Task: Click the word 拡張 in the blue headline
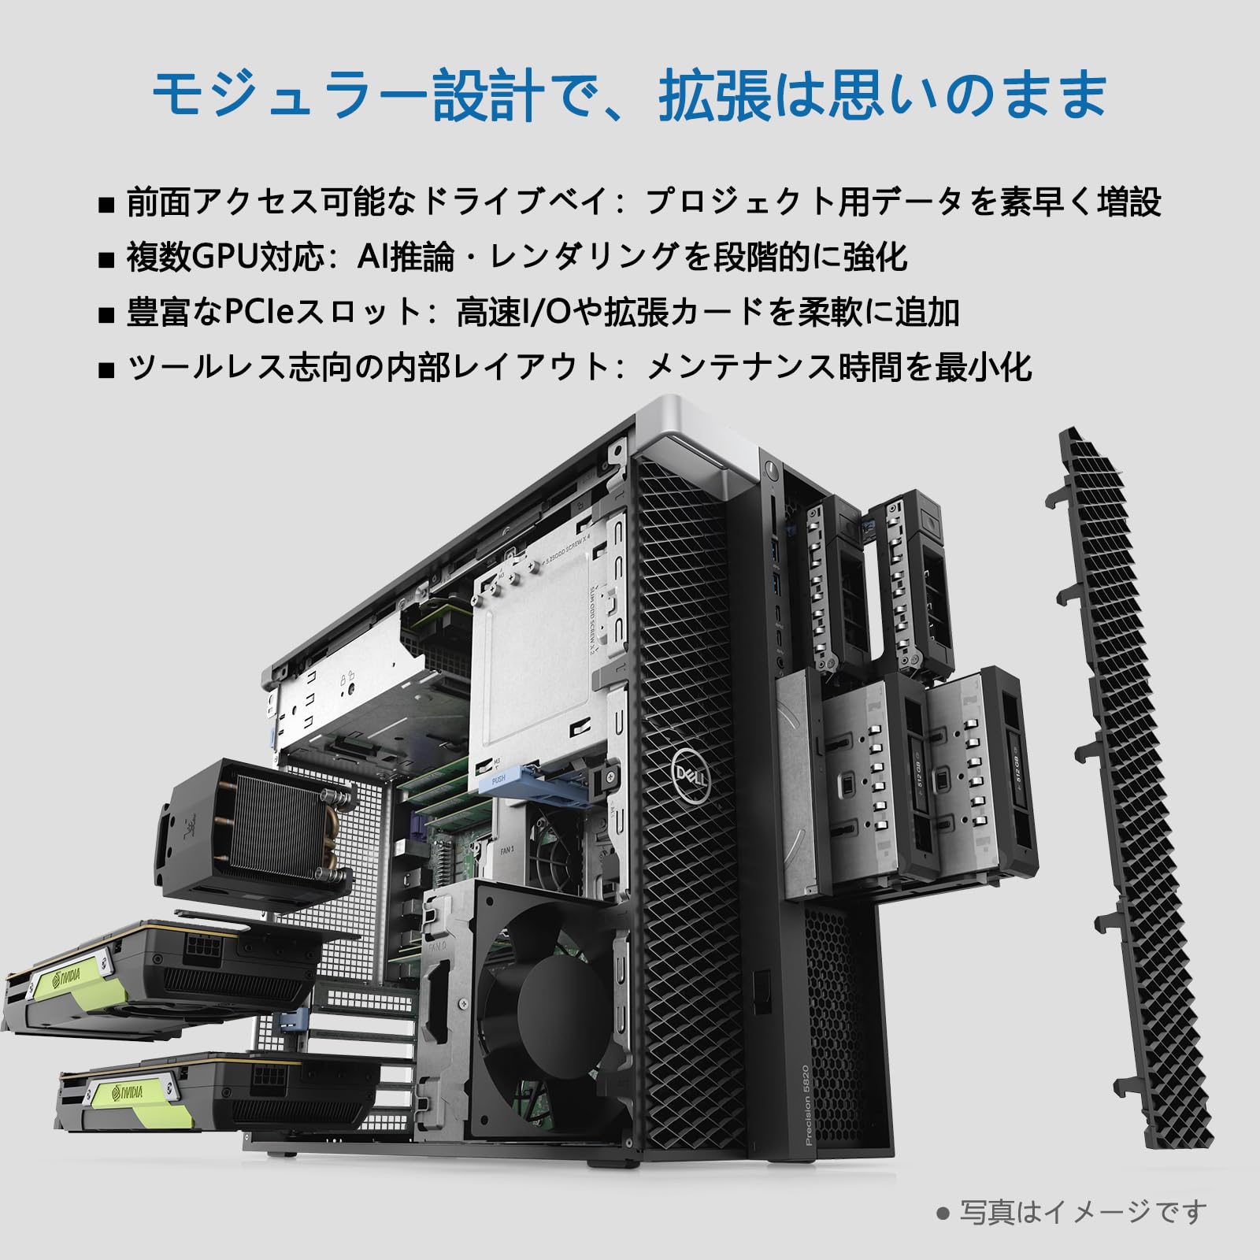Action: tap(713, 94)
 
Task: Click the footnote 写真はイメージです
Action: tap(1082, 1212)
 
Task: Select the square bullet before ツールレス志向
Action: tap(106, 369)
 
